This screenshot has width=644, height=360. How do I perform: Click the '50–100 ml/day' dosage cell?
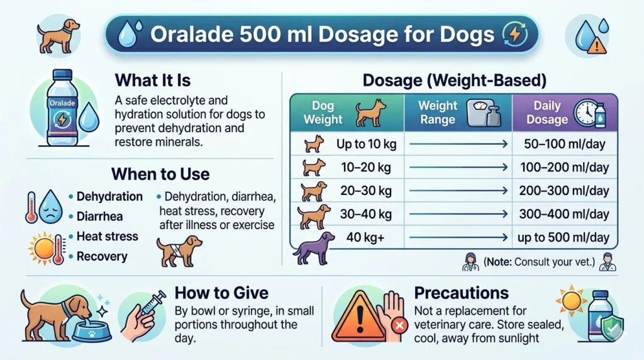click(564, 144)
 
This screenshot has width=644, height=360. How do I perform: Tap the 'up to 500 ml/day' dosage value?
click(564, 237)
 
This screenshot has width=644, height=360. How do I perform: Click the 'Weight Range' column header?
click(437, 112)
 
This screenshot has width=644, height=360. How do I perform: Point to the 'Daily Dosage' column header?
click(547, 112)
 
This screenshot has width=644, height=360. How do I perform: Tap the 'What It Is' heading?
click(153, 81)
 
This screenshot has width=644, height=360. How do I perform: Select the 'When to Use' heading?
click(160, 173)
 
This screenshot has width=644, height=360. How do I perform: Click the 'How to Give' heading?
click(221, 293)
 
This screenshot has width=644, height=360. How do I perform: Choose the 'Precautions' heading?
click(461, 293)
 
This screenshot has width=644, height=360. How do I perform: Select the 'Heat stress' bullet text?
click(107, 237)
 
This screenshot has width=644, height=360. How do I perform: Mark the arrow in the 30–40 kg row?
click(458, 214)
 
